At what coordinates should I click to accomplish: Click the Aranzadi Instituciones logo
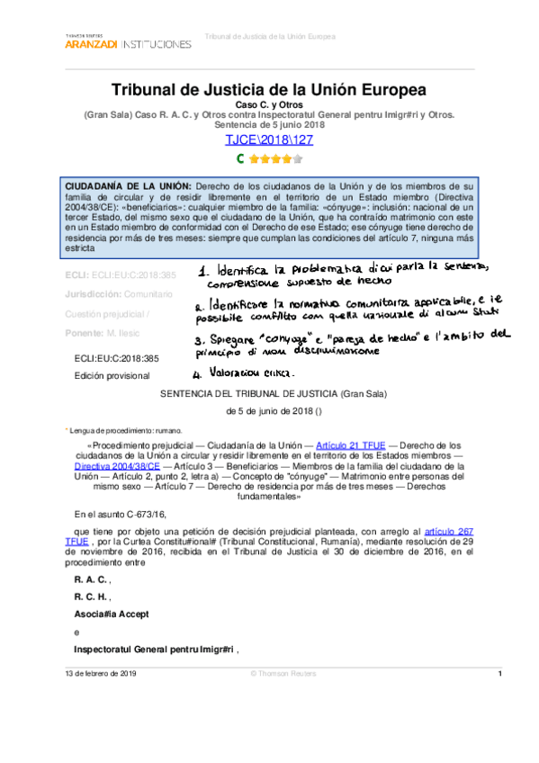click(128, 41)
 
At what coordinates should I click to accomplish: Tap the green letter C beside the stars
click(240, 158)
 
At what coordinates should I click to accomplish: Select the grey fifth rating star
click(298, 159)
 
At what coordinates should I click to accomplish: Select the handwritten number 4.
click(202, 370)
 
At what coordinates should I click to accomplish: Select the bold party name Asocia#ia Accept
click(111, 613)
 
